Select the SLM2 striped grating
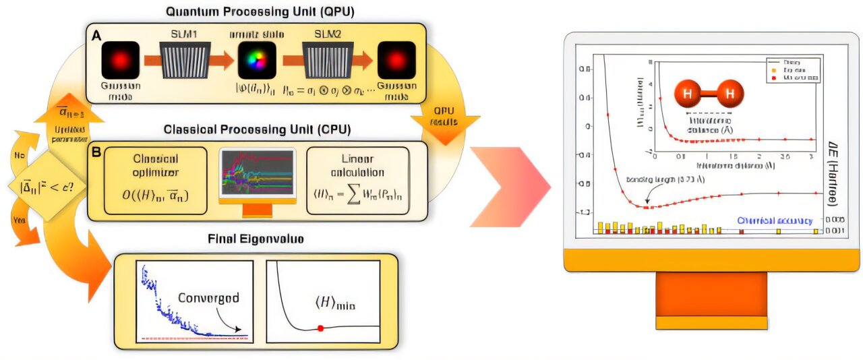[325, 61]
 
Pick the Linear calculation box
[357, 180]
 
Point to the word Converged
[209, 297]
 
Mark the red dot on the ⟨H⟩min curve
[320, 328]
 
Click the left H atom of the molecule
[687, 93]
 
